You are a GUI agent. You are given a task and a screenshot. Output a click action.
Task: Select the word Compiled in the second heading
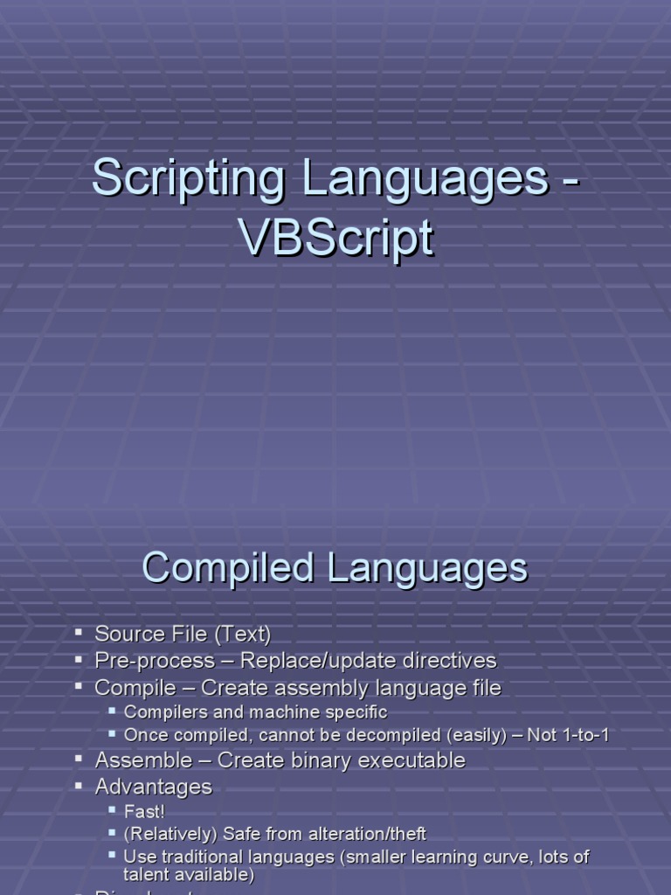[228, 568]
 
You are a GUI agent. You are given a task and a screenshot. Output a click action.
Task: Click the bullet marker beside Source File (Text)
[79, 632]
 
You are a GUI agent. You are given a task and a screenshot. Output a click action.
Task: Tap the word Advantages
[154, 787]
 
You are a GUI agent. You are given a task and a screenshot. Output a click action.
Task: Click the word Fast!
[144, 812]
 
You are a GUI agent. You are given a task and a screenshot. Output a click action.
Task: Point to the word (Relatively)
[171, 835]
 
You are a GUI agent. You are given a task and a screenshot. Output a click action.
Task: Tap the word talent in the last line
[147, 875]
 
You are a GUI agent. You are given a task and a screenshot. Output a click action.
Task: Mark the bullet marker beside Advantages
[79, 786]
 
